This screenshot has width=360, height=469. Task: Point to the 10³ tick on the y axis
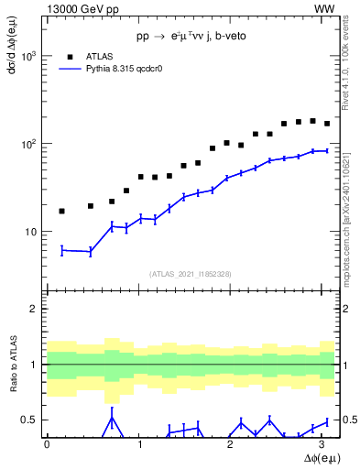click(29, 56)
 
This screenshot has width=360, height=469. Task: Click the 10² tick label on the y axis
click(29, 144)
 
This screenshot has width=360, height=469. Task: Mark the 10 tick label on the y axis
click(32, 232)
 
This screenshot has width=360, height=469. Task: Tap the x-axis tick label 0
click(47, 444)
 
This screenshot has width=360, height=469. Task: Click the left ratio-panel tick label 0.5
click(29, 420)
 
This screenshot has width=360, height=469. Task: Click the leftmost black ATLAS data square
click(61, 211)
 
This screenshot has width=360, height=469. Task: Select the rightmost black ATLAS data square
click(327, 124)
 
